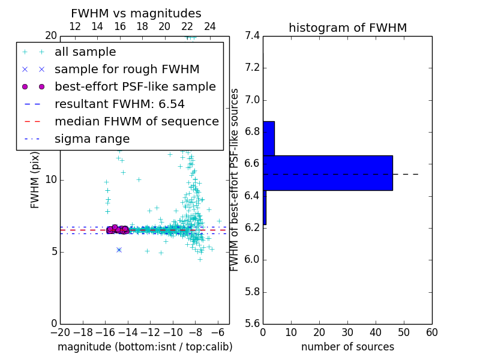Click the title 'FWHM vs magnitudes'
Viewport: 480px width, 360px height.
pyautogui.click(x=136, y=13)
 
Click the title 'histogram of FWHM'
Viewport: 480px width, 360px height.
pyautogui.click(x=347, y=28)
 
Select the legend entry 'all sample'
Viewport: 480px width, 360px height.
pyautogui.click(x=85, y=52)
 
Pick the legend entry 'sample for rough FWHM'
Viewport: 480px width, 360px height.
pyautogui.click(x=127, y=70)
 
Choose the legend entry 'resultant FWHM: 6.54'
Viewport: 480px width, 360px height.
pyautogui.click(x=130, y=104)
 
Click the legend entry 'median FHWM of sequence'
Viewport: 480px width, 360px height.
pyautogui.click(x=136, y=122)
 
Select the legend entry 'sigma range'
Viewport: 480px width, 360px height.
pyautogui.click(x=92, y=139)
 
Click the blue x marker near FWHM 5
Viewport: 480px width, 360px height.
pyautogui.click(x=119, y=250)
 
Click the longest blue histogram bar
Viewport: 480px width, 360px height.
pyautogui.click(x=328, y=173)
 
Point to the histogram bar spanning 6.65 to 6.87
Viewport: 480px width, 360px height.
pyautogui.click(x=269, y=139)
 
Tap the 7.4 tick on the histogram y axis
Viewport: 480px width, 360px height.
pyautogui.click(x=253, y=36)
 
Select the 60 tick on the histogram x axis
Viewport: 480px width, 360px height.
pyautogui.click(x=431, y=332)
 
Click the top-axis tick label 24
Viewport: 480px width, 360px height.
pyautogui.click(x=210, y=26)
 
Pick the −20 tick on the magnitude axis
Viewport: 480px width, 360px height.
pyautogui.click(x=60, y=332)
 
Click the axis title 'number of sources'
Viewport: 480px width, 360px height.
pyautogui.click(x=347, y=347)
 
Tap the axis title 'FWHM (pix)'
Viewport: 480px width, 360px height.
pyautogui.click(x=35, y=180)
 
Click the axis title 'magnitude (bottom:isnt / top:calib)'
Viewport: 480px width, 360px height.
pyautogui.click(x=145, y=347)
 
